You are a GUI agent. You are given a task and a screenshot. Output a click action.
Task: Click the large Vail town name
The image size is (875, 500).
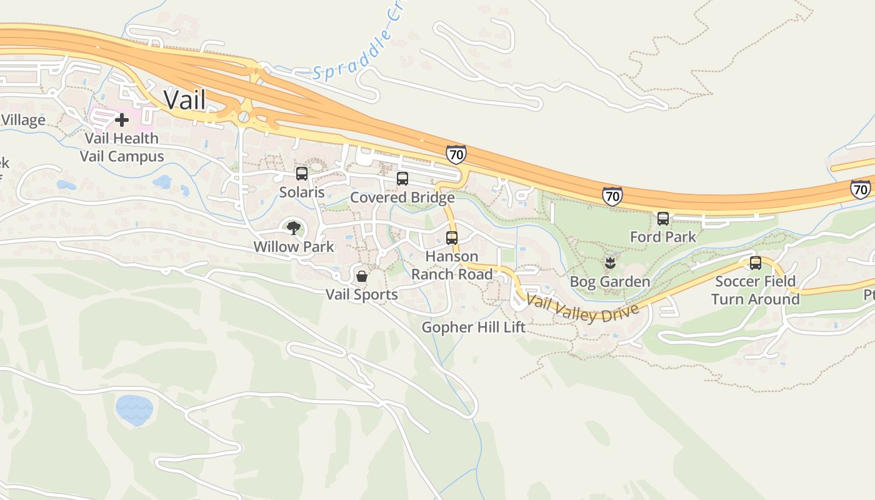pyautogui.click(x=184, y=99)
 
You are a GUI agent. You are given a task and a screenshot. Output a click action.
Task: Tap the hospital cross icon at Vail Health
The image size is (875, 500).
pyautogui.click(x=121, y=119)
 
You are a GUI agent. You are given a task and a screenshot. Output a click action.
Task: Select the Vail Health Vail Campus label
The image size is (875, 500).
pyautogui.click(x=122, y=147)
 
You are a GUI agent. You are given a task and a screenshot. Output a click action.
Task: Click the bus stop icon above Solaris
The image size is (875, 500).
pyautogui.click(x=302, y=174)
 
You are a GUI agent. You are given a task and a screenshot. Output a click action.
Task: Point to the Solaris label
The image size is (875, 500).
pyautogui.click(x=302, y=192)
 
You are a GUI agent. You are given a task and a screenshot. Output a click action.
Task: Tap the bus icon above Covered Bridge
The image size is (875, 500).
pyautogui.click(x=402, y=179)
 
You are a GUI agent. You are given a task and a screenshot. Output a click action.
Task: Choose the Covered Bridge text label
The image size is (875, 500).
pyautogui.click(x=402, y=197)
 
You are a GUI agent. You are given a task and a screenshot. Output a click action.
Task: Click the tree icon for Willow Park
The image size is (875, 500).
pyautogui.click(x=293, y=228)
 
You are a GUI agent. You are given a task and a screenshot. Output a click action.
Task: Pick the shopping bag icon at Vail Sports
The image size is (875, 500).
pyautogui.click(x=361, y=276)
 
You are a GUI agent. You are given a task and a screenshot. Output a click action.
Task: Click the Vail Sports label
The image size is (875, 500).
pyautogui.click(x=361, y=294)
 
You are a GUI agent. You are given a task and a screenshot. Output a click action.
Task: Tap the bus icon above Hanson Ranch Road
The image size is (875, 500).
pyautogui.click(x=452, y=238)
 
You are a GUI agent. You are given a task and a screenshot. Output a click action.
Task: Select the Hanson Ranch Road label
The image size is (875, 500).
pyautogui.click(x=452, y=265)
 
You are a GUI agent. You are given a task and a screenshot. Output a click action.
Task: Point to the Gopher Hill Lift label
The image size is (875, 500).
pyautogui.click(x=473, y=327)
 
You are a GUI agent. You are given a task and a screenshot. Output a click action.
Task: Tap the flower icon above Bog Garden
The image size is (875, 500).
pyautogui.click(x=610, y=262)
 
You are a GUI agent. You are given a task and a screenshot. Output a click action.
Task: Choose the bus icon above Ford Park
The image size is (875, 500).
pyautogui.click(x=663, y=219)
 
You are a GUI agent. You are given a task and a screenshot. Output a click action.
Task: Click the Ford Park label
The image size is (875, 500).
pyautogui.click(x=663, y=237)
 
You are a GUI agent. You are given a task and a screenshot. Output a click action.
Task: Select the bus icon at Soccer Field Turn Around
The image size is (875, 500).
pyautogui.click(x=755, y=262)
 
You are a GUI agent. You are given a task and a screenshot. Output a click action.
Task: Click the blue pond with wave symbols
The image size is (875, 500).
pyautogui.click(x=134, y=410)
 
